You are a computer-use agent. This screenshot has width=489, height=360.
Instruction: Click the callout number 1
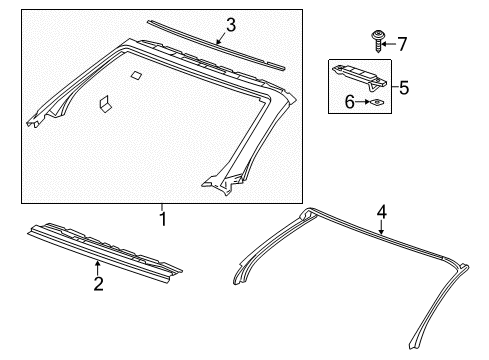point(161,217)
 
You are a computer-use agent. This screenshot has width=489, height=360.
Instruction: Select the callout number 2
point(97,285)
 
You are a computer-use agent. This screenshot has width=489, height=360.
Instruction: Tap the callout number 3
point(230,25)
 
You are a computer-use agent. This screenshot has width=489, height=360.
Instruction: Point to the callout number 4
point(380,211)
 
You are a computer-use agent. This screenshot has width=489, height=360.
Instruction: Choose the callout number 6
point(350,101)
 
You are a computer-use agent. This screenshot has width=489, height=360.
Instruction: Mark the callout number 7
point(402,43)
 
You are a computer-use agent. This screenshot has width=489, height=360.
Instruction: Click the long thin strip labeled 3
point(214,45)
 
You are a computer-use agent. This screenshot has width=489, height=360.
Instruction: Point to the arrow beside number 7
point(390,43)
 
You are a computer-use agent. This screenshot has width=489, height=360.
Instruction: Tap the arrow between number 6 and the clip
point(362,101)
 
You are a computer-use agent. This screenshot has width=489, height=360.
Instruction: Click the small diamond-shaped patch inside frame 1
point(137,74)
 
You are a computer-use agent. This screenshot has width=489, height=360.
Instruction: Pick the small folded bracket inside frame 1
point(104,102)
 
